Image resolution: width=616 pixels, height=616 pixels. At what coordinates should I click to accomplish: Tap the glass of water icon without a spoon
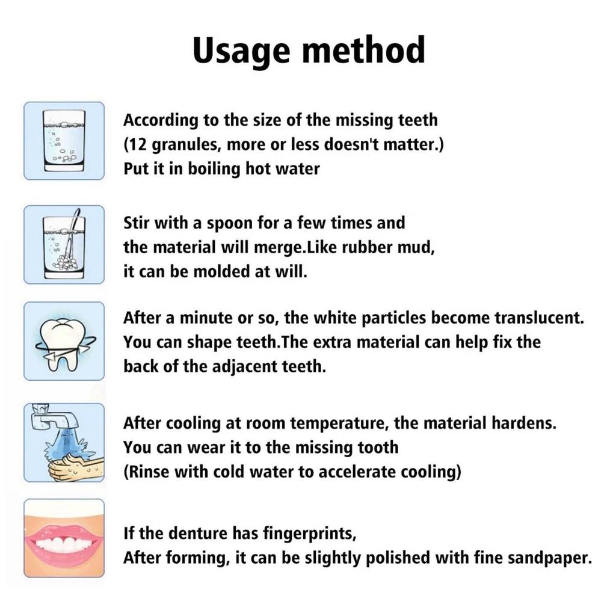(x=64, y=141)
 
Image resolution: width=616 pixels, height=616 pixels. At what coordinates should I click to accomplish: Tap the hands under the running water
(x=69, y=467)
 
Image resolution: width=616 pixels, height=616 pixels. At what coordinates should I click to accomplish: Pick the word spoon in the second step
(x=227, y=224)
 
